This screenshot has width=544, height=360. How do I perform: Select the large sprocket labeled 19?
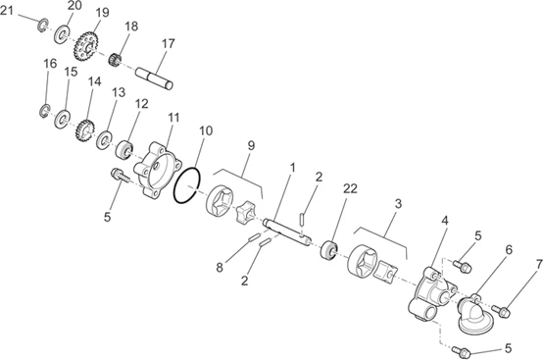click(x=86, y=46)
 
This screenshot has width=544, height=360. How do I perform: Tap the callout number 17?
click(x=168, y=44)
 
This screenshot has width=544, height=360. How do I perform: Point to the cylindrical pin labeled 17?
click(x=154, y=78)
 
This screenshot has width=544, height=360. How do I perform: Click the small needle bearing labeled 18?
click(x=114, y=60)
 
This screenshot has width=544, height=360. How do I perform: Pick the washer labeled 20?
click(x=62, y=34)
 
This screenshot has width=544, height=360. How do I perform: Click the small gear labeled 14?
click(x=85, y=130)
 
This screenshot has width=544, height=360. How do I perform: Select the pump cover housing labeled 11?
click(x=158, y=170)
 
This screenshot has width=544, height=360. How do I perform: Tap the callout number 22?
click(x=350, y=189)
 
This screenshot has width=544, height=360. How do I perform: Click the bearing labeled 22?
click(x=328, y=250)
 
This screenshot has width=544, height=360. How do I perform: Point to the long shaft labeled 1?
click(x=286, y=232)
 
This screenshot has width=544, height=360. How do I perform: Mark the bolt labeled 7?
click(x=501, y=311)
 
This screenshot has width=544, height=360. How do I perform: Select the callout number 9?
click(x=251, y=146)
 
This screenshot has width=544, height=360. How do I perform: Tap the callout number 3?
click(x=398, y=204)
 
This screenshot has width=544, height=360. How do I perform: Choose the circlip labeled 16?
click(x=44, y=111)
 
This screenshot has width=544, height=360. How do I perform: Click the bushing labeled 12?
click(x=124, y=150)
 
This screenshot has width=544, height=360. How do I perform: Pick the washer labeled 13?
click(x=103, y=140)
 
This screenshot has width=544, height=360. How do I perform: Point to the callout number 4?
click(x=444, y=221)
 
